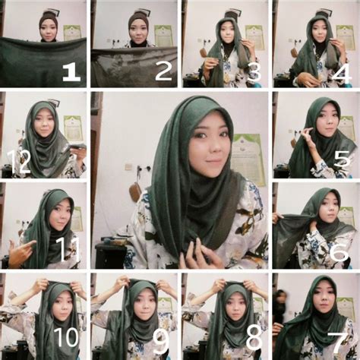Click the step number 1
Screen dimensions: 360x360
(71, 72)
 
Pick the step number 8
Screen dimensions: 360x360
(253, 342)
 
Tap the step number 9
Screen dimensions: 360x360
(162, 342)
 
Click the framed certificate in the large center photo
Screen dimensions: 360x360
(247, 159)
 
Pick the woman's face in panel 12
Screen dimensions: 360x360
(43, 125)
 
